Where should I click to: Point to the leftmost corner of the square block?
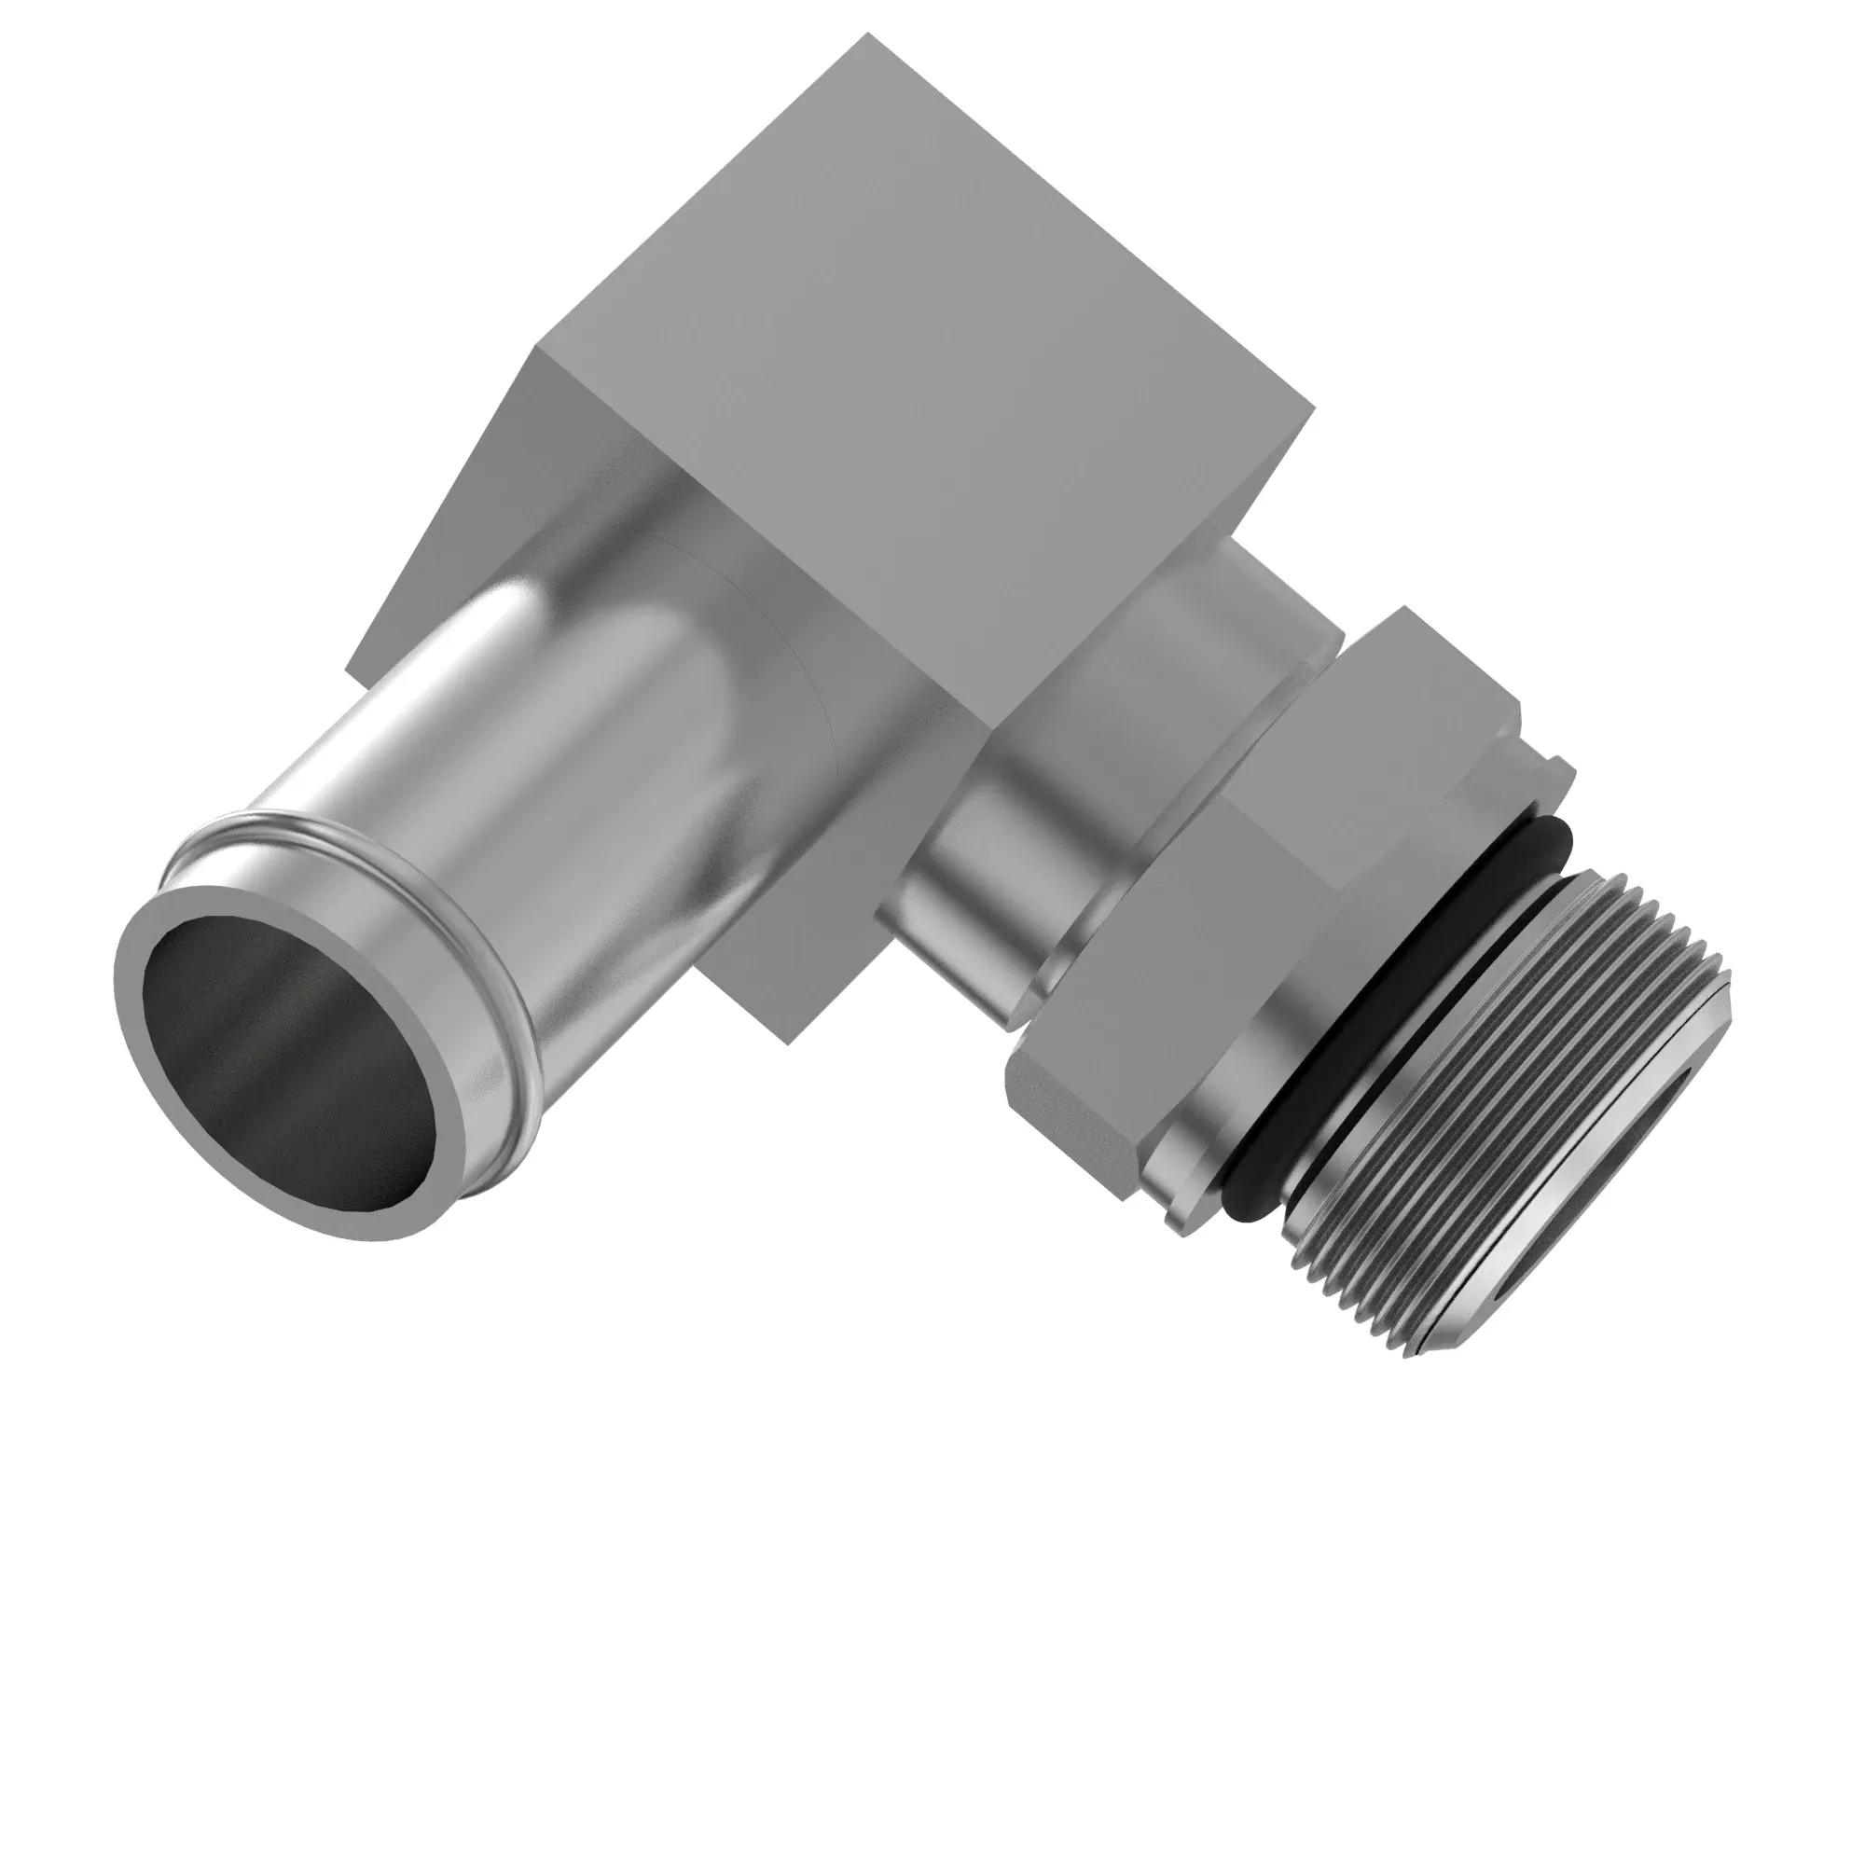347,668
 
